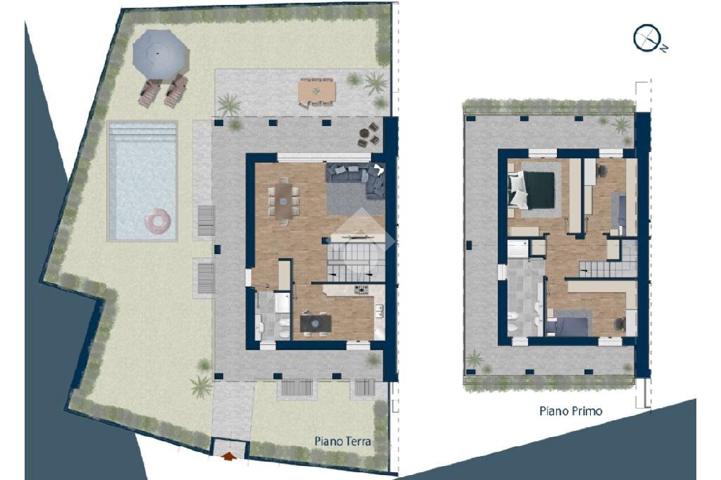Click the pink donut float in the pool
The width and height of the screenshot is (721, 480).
pyautogui.click(x=158, y=222)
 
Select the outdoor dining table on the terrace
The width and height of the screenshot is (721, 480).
pyautogui.click(x=316, y=91)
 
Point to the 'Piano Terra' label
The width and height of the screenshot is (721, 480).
pyautogui.click(x=342, y=441)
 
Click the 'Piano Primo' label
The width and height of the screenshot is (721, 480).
pyautogui.click(x=570, y=410)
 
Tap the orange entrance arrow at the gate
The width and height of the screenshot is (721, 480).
pyautogui.click(x=229, y=456)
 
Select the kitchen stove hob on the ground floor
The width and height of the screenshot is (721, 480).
pyautogui.click(x=361, y=289)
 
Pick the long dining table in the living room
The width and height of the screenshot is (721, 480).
pyautogui.click(x=283, y=201)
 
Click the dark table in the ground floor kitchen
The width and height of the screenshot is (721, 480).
pyautogui.click(x=315, y=322)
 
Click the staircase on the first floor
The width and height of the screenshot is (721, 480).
pyautogui.click(x=606, y=268)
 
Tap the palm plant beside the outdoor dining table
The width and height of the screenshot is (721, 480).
pyautogui.click(x=375, y=83)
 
